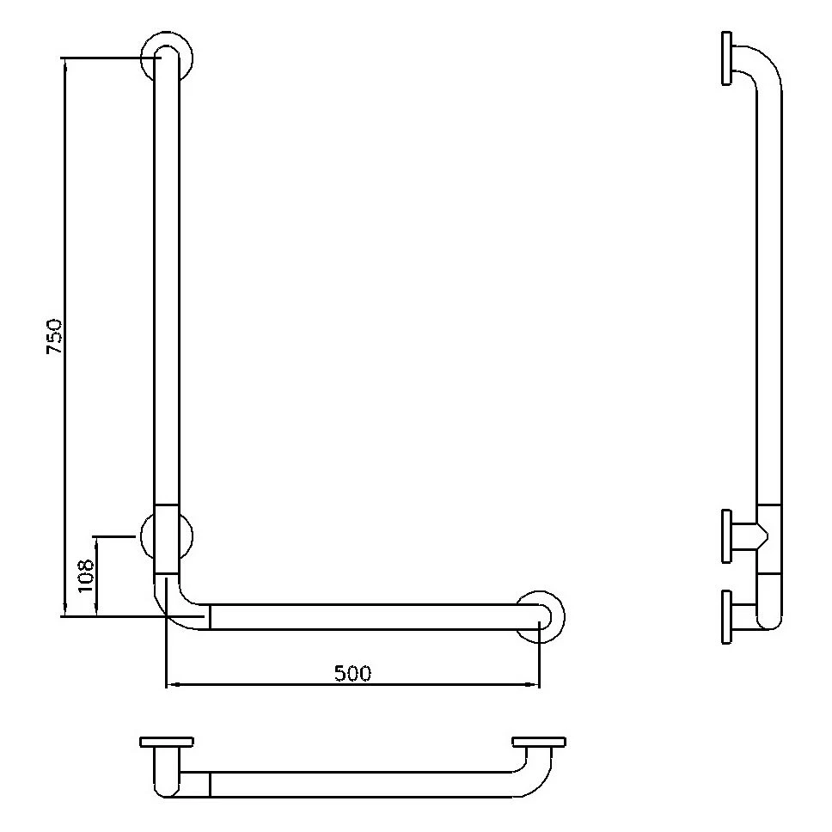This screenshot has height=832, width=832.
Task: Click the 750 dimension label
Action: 53,337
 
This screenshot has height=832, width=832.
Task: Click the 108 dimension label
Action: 84,577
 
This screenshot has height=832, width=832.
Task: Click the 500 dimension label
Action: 352,673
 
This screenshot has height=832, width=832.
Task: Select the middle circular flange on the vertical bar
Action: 167,536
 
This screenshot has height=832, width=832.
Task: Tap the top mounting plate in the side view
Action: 727,58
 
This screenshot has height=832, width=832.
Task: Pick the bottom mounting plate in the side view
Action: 727,616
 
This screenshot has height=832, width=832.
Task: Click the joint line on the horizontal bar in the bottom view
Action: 210,783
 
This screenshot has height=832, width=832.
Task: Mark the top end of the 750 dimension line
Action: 64,58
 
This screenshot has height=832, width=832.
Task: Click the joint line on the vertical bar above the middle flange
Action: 167,505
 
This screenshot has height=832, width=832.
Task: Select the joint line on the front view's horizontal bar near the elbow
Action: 210,616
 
